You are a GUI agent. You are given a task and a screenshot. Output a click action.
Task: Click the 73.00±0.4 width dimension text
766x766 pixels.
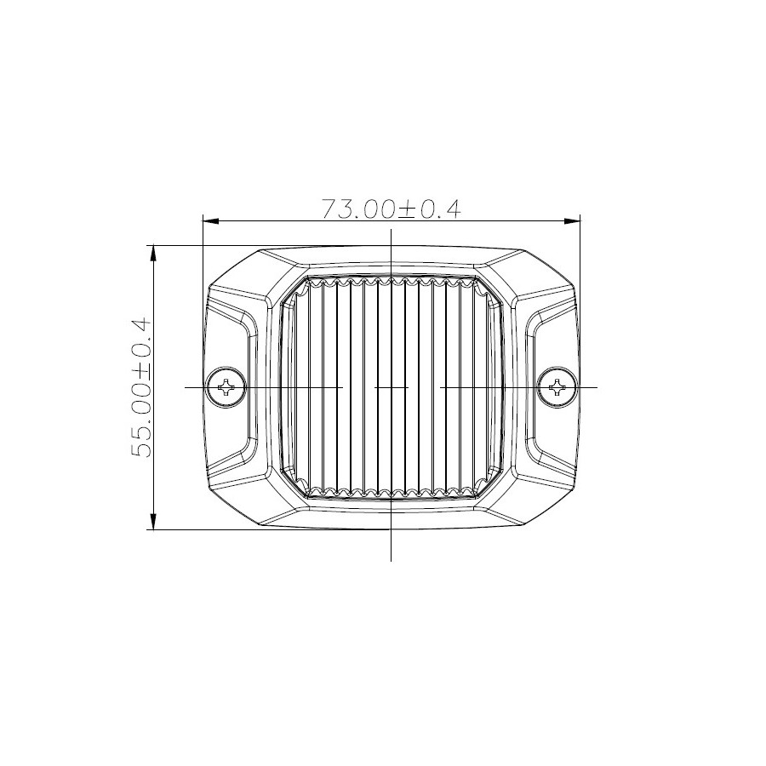click(391, 209)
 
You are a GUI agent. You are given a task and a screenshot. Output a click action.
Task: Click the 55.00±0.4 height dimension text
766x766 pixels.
click(140, 387)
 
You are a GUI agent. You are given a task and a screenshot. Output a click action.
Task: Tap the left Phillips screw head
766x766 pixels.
click(227, 387)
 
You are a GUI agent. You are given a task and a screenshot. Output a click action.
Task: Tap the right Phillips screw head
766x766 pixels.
click(557, 387)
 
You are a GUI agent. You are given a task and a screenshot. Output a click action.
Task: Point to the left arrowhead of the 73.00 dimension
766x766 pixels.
click(209, 221)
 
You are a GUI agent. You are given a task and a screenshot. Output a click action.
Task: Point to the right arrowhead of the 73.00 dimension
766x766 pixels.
click(574, 221)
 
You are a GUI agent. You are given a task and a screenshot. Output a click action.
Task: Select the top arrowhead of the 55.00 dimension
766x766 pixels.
click(153, 252)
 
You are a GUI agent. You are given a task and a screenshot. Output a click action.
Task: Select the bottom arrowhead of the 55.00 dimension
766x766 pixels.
click(153, 523)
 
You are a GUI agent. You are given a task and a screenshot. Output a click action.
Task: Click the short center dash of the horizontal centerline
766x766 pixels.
click(392, 387)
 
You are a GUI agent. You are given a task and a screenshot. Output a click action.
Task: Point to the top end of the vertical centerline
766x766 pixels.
click(391, 231)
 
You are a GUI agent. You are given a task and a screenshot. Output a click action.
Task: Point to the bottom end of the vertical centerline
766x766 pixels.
click(391, 559)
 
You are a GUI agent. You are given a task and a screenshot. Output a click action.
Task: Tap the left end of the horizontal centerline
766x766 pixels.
click(186, 387)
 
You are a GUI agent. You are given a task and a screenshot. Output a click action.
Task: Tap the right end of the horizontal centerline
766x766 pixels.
click(597, 387)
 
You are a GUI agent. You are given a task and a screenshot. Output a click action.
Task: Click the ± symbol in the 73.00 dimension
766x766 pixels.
click(407, 209)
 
